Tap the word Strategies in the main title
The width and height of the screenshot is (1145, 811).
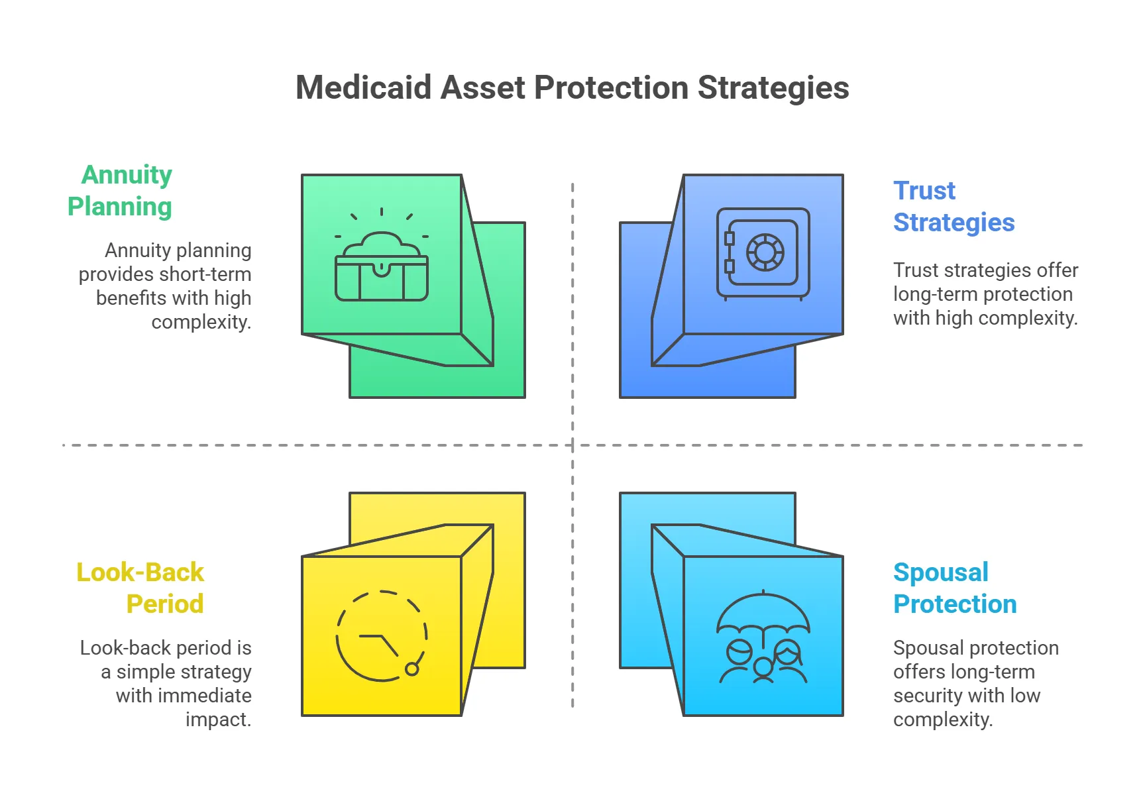coord(773,87)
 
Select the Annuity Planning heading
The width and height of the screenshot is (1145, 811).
coord(120,190)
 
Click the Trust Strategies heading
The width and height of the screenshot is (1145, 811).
coord(954,206)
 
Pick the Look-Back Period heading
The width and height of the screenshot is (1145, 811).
coord(140,588)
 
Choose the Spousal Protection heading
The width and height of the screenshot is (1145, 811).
coord(954,588)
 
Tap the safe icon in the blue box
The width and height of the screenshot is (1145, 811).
coord(763,253)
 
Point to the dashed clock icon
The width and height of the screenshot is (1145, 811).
coord(382,636)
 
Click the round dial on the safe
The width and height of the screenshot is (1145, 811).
coord(765,252)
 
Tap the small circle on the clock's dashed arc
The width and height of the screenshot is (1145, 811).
coord(412,669)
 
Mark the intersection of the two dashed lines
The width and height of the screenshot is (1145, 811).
coord(572,445)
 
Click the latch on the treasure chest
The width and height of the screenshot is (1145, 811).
coord(381,270)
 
